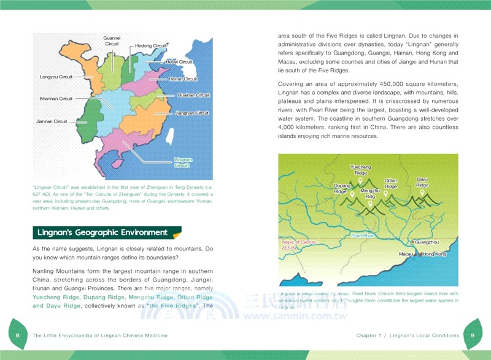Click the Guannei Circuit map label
click(x=112, y=41)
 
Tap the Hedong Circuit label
click(x=151, y=46)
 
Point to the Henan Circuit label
click(x=183, y=79)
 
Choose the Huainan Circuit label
click(x=193, y=96)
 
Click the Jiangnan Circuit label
click(x=192, y=113)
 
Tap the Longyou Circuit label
click(x=56, y=77)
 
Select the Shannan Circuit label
click(x=56, y=99)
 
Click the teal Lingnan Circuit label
click(x=183, y=163)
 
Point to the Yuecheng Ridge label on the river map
click(x=360, y=170)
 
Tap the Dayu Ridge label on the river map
click(x=422, y=182)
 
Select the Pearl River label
click(x=363, y=236)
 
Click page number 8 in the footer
click(x=18, y=335)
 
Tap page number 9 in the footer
click(x=473, y=335)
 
